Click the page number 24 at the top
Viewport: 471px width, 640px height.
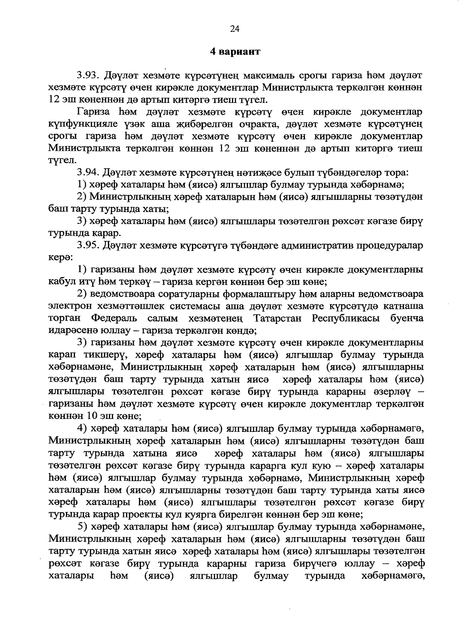235,29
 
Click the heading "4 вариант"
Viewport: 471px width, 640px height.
235,51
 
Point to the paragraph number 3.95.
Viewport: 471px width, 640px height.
89,246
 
